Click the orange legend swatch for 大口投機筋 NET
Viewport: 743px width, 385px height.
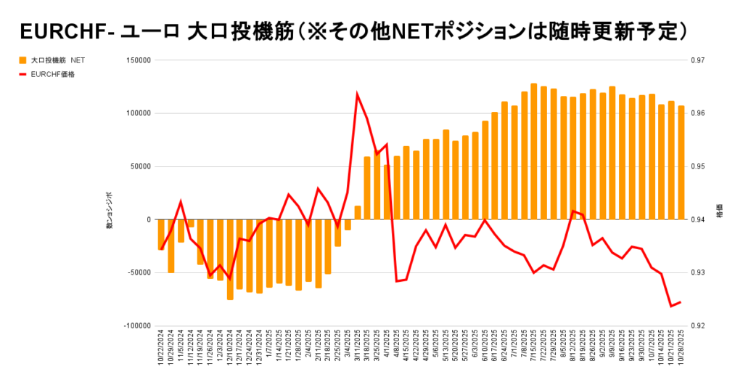pyautogui.click(x=23, y=60)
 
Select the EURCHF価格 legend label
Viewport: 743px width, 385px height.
pyautogui.click(x=53, y=73)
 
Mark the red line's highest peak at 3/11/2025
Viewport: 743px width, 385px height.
pyautogui.click(x=357, y=94)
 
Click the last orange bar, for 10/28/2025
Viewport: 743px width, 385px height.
pyautogui.click(x=681, y=163)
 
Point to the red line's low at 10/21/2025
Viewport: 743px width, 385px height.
pyautogui.click(x=671, y=306)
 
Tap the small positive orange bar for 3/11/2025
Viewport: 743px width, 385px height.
pyautogui.click(x=358, y=213)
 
